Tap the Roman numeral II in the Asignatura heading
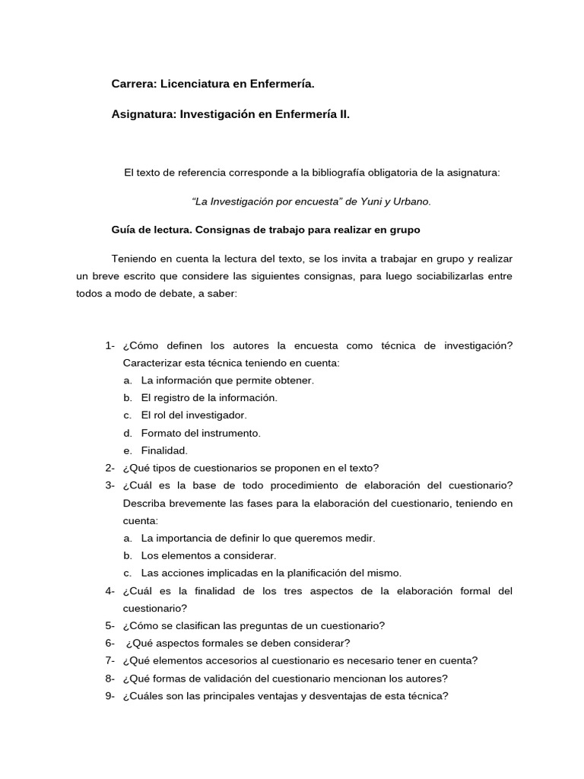tap(344, 114)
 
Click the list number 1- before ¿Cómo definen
tap(110, 345)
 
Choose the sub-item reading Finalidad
tap(164, 450)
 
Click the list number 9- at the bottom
tap(110, 696)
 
